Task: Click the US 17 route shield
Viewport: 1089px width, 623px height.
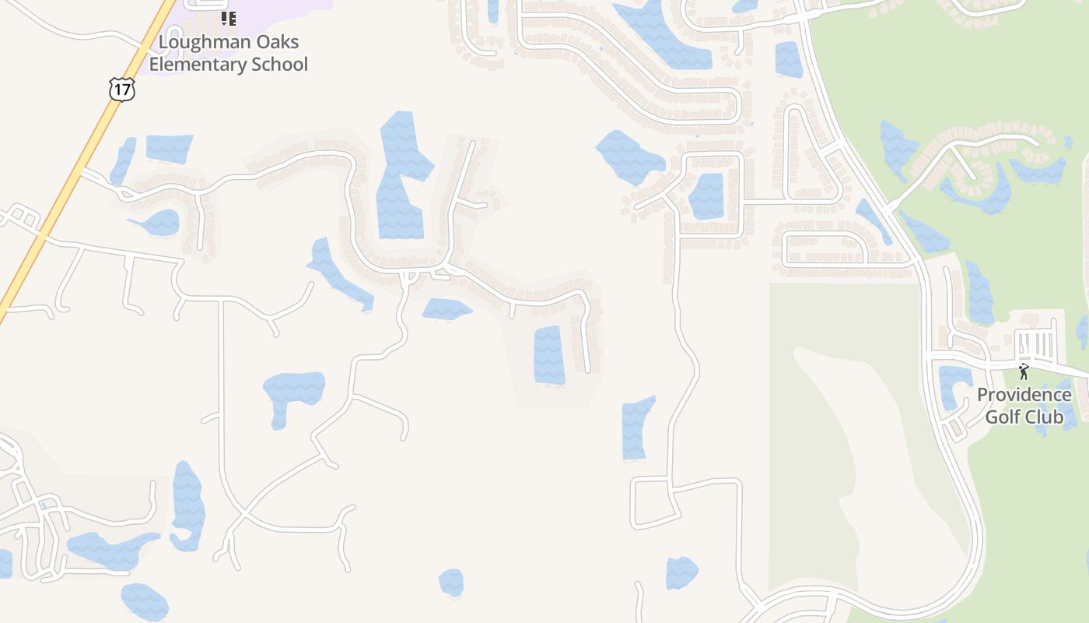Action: [122, 89]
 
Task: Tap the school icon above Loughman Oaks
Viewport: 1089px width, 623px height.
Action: [228, 18]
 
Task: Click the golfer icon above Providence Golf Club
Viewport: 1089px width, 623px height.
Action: [1024, 371]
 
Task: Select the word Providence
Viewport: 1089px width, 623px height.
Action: [1024, 395]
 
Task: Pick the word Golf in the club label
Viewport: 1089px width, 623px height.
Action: [1003, 417]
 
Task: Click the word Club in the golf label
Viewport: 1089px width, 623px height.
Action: [1045, 417]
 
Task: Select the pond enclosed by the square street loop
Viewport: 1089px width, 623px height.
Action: [706, 195]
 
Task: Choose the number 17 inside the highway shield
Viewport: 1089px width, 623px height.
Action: [122, 90]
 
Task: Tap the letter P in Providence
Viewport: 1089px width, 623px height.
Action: [982, 395]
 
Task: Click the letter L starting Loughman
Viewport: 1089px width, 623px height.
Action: [163, 42]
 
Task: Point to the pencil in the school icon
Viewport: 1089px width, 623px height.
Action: [223, 18]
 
